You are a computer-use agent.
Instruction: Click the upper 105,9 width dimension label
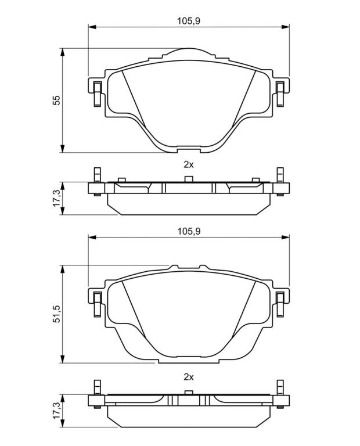point(189,21)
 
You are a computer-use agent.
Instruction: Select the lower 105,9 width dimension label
point(189,231)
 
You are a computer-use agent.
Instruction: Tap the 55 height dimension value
point(57,100)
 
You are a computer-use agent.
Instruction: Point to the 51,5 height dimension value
point(57,314)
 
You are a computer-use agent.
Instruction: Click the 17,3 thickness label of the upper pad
point(57,198)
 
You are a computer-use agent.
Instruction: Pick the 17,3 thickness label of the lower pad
point(57,410)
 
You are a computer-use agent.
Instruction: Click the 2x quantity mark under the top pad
point(189,164)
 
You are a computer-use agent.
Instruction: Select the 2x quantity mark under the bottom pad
point(189,377)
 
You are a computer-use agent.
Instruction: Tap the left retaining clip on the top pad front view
point(98,94)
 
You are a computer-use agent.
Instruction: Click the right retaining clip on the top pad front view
point(280,94)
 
